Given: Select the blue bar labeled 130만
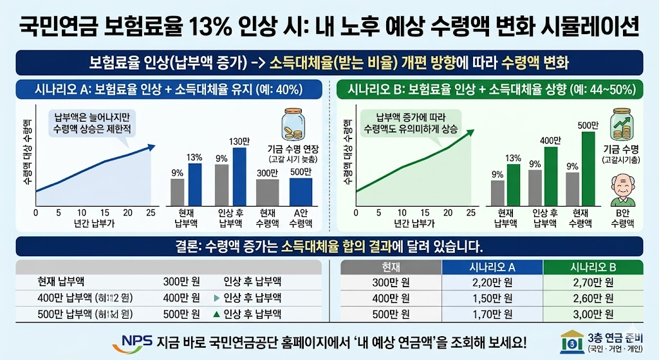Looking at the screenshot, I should (239, 176).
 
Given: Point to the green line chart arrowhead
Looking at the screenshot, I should (472, 132).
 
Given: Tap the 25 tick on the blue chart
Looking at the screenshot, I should (151, 213).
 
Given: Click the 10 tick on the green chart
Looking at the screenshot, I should (402, 213).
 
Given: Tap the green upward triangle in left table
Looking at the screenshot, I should (216, 314).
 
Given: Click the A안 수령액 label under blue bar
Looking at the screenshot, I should (300, 218).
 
